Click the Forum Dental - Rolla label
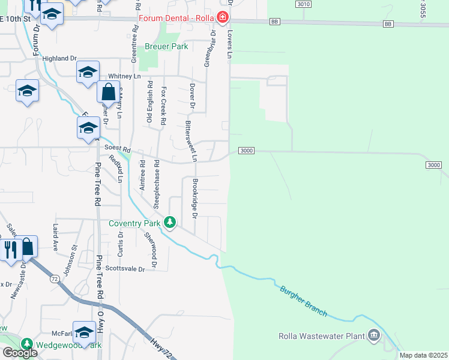pyautogui.click(x=176, y=17)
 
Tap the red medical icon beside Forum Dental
pyautogui.click(x=223, y=17)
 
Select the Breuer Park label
pyautogui.click(x=166, y=46)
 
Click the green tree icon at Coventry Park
pyautogui.click(x=170, y=223)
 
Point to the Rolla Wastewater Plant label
pyautogui.click(x=322, y=336)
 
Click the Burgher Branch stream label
pyautogui.click(x=304, y=301)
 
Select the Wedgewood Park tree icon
pyautogui.click(x=26, y=344)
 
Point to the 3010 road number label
pyautogui.click(x=304, y=4)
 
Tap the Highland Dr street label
pyautogui.click(x=60, y=58)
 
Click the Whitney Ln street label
pyautogui.click(x=124, y=76)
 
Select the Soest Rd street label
pyautogui.click(x=117, y=148)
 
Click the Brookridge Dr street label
pyautogui.click(x=194, y=197)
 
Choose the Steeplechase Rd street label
pyautogui.click(x=156, y=184)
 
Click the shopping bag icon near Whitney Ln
pyautogui.click(x=108, y=92)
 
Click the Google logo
pyautogui.click(x=20, y=353)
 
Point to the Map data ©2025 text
pyautogui.click(x=423, y=355)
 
